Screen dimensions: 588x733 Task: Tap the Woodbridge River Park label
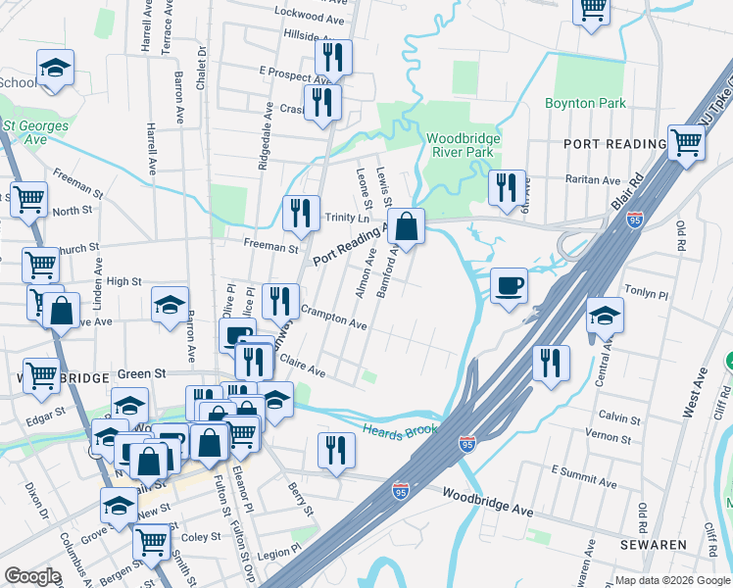(463, 145)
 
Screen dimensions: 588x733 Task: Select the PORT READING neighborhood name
(614, 144)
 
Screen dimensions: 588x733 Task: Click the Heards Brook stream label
(398, 429)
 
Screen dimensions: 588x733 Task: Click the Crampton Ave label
(334, 316)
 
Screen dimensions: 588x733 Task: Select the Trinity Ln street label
(347, 218)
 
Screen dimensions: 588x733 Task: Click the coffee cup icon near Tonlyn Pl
(509, 286)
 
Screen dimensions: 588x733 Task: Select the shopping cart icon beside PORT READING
(686, 142)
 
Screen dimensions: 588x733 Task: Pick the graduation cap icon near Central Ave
(605, 316)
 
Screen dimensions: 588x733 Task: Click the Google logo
(32, 576)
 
